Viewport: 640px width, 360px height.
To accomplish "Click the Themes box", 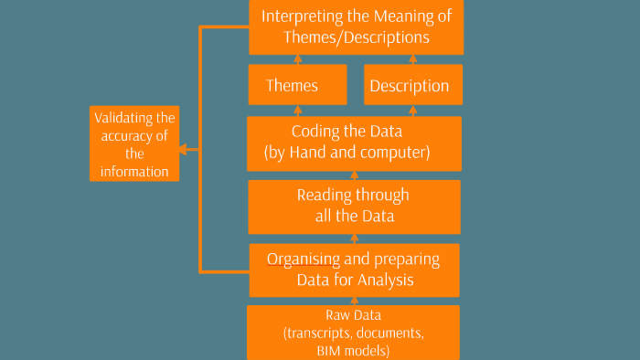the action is pos(297,86).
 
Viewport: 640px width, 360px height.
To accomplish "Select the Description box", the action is pos(413,86).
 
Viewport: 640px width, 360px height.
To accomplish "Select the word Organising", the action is pos(304,259).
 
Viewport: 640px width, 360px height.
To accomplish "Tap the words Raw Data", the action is pos(353,316).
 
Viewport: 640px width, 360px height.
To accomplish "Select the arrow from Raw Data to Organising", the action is pos(353,301).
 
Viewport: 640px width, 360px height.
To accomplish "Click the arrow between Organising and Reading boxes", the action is pos(353,238).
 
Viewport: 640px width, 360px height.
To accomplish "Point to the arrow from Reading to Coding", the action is pos(353,174).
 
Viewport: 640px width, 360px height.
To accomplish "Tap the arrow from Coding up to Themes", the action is pos(297,110).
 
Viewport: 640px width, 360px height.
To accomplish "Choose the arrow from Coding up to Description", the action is pos(413,110).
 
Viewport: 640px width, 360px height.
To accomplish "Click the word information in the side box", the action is pos(134,171).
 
